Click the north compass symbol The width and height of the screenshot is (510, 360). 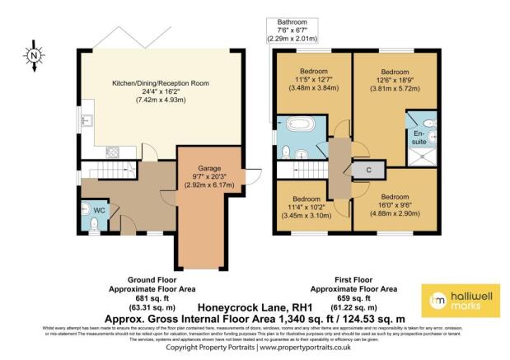click(x=34, y=56)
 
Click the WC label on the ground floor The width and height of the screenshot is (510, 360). click(x=99, y=211)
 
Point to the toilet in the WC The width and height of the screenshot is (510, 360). click(x=87, y=211)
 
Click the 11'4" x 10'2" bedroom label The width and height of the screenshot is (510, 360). click(x=305, y=208)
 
